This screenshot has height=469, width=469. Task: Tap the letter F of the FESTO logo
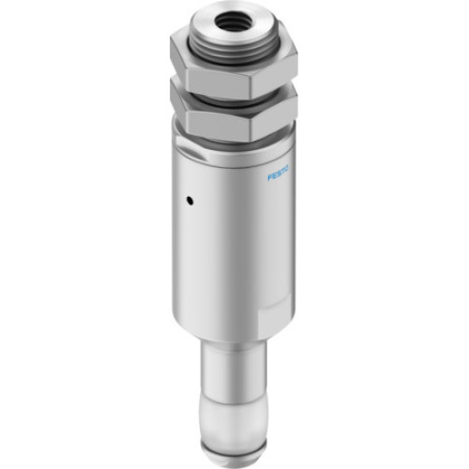pos(270,173)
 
